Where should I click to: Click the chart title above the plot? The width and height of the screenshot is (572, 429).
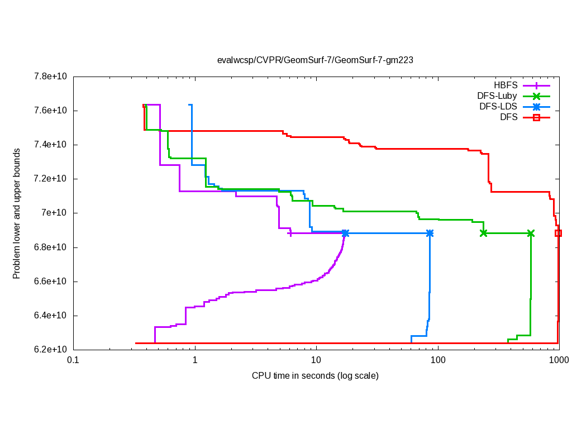[315, 60]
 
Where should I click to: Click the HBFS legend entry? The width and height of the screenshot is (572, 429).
[506, 85]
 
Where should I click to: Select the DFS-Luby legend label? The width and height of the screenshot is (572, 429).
[497, 96]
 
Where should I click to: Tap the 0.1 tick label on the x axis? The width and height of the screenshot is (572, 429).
[73, 361]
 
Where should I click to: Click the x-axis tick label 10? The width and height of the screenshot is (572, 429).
[316, 361]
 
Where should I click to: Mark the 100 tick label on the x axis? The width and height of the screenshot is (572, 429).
[438, 361]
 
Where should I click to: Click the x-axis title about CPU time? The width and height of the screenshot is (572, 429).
[315, 375]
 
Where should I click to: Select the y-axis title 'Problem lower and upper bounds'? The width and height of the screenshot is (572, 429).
[17, 213]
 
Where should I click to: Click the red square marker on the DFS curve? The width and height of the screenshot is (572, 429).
[558, 233]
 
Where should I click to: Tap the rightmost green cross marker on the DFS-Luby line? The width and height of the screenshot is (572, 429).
[531, 233]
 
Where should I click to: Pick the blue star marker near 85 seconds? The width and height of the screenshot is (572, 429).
[430, 233]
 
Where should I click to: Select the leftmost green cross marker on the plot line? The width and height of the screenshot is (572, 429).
[483, 233]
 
